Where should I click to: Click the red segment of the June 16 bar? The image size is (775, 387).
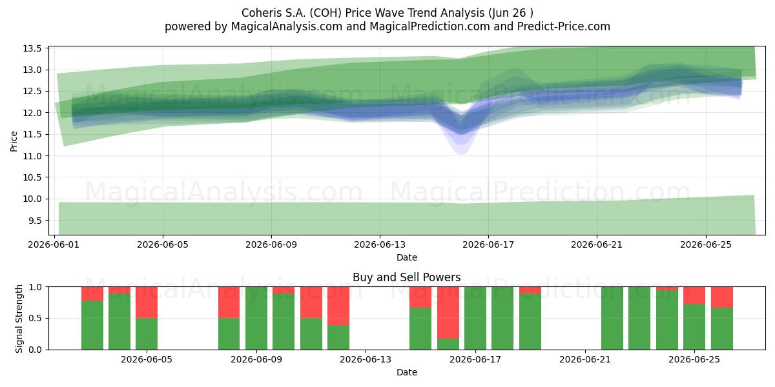click(448, 313)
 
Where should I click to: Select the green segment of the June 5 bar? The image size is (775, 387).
click(147, 334)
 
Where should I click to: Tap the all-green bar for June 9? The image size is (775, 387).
click(256, 318)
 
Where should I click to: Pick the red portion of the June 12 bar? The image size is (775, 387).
click(338, 306)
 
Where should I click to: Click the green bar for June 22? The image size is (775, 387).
click(612, 318)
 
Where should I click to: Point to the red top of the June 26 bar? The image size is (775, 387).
click(722, 297)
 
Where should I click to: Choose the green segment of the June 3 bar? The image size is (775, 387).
click(92, 325)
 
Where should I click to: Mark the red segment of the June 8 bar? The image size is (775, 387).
click(229, 303)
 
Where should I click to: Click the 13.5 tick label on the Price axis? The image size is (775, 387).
click(32, 48)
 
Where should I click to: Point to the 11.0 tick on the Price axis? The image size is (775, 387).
click(32, 156)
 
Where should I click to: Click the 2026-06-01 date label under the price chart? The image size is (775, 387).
click(54, 244)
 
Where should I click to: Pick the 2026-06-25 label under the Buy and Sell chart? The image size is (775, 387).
click(694, 359)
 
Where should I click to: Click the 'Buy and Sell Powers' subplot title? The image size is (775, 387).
click(406, 277)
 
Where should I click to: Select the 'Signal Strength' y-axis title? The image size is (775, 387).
click(19, 319)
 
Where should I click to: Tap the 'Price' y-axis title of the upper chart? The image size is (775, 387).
click(14, 141)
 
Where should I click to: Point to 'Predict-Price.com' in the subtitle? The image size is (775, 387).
click(564, 26)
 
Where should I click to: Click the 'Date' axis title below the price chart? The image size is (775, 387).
click(407, 257)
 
